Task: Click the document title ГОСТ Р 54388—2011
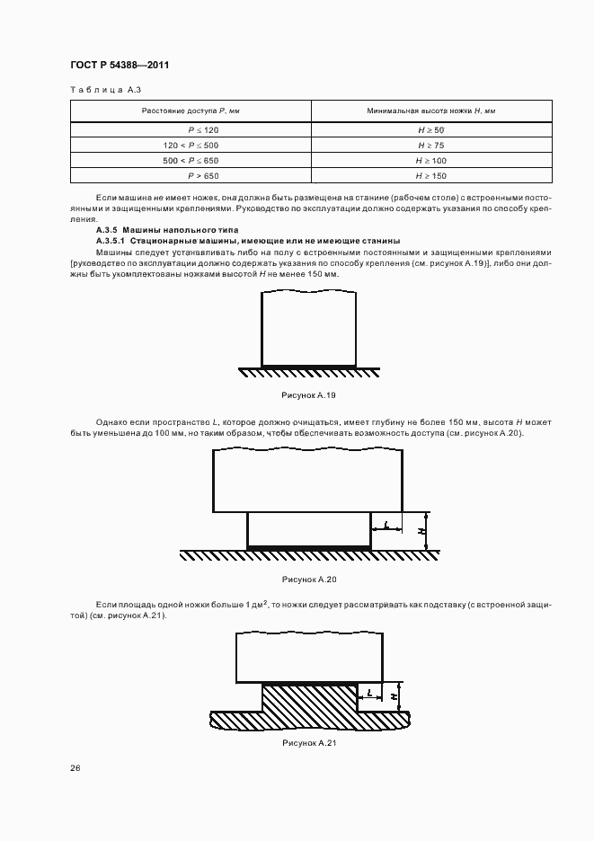tap(120, 66)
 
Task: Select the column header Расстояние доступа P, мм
tap(191, 111)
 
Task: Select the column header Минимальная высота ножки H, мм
tap(431, 111)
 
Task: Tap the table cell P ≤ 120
tap(191, 130)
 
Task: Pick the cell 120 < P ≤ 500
tap(191, 145)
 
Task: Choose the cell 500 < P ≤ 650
tap(191, 160)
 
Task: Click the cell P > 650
tap(191, 175)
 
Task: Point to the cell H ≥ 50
tap(431, 130)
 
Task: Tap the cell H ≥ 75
tap(431, 145)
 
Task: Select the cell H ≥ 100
tap(431, 160)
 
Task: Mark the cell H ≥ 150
tap(431, 175)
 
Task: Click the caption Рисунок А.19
tap(308, 395)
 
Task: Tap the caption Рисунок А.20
tap(308, 580)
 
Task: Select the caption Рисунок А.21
tap(308, 743)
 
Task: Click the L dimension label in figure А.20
tap(385, 524)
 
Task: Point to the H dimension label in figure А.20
tap(421, 531)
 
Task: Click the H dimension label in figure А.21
tap(395, 695)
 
